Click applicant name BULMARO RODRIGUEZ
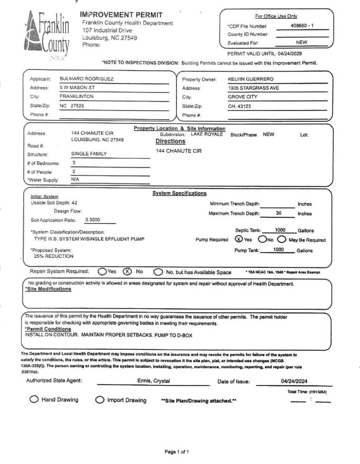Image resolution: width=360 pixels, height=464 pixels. click(x=86, y=78)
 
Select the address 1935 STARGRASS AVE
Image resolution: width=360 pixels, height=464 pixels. click(x=253, y=88)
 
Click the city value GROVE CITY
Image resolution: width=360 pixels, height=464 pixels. click(x=243, y=97)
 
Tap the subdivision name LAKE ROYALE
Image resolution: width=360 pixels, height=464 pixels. click(x=207, y=134)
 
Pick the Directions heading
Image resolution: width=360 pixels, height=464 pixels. click(x=170, y=141)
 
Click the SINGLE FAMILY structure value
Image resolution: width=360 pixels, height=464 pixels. click(x=89, y=154)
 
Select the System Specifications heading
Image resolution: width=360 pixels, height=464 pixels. click(x=179, y=193)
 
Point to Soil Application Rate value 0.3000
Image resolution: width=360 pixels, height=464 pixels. click(x=93, y=220)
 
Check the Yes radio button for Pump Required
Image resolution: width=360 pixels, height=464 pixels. click(x=239, y=240)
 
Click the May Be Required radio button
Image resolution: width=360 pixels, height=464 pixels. click(x=282, y=240)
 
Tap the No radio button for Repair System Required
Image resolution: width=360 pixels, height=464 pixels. click(x=128, y=271)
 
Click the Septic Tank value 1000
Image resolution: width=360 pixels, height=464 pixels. click(x=280, y=230)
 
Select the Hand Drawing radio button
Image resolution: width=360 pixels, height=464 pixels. click(x=34, y=399)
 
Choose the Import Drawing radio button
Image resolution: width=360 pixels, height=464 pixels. click(x=99, y=400)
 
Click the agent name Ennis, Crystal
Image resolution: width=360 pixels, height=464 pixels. click(x=154, y=381)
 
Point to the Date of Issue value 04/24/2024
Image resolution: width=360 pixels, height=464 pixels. click(x=294, y=381)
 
